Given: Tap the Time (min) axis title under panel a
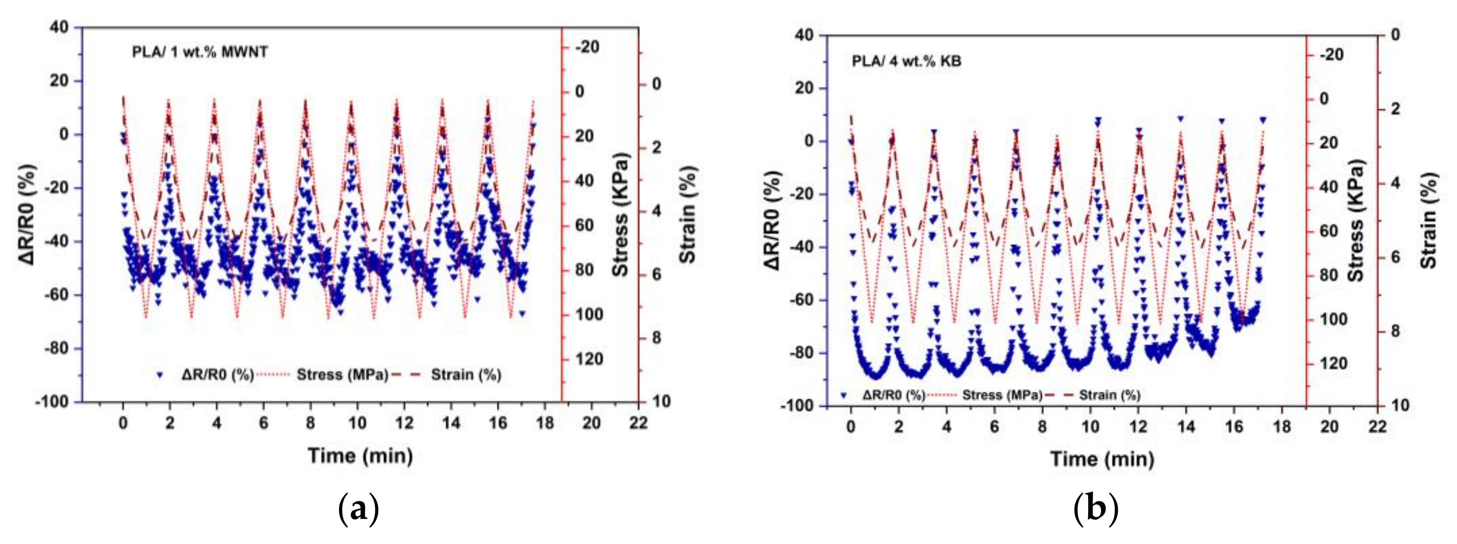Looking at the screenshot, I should (360, 455).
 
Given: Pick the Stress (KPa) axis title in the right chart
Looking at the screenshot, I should (1356, 221).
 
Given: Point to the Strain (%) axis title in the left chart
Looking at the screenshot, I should (687, 215).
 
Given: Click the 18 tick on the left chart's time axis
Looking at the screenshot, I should (545, 423).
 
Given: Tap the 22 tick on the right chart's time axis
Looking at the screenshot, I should (1377, 426).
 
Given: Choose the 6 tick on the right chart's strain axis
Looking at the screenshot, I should (1395, 256).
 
